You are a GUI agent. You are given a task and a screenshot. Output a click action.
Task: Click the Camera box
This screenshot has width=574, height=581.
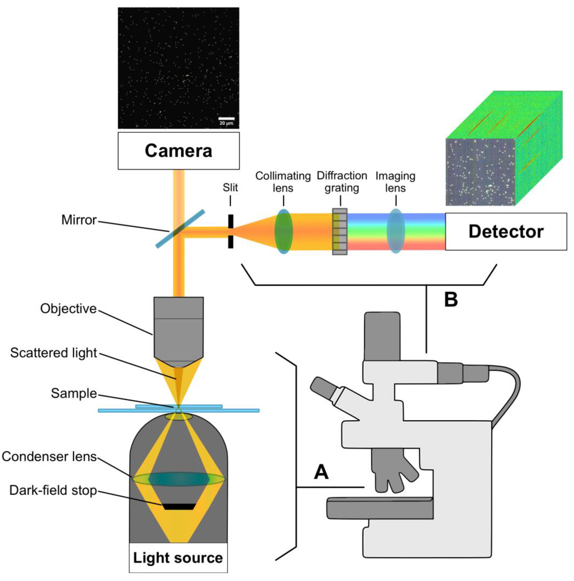(x=178, y=151)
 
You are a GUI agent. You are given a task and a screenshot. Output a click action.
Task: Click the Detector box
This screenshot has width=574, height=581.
(x=506, y=231)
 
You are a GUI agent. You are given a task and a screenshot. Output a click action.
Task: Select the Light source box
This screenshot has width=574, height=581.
(x=178, y=558)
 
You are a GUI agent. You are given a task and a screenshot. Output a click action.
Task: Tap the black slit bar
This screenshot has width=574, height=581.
(x=230, y=231)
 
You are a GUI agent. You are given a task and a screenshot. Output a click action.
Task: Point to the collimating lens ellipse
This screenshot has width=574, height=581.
(x=283, y=231)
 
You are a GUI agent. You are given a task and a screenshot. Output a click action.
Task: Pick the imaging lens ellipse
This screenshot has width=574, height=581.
(x=395, y=231)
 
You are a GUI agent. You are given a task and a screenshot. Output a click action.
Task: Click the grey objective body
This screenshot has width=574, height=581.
(x=178, y=331)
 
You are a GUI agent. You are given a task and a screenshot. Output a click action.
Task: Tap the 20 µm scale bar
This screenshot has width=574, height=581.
(x=226, y=119)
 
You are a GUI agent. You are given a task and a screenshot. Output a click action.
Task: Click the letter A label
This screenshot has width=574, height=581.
(x=321, y=472)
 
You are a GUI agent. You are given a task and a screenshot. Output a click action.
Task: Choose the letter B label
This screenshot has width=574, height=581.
(x=451, y=300)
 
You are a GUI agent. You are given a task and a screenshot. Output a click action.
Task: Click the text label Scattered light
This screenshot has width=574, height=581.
(x=54, y=353)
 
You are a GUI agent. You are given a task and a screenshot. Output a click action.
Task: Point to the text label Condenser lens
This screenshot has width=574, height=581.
(x=49, y=457)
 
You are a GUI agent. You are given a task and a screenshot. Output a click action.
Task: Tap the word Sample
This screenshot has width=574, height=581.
(x=74, y=393)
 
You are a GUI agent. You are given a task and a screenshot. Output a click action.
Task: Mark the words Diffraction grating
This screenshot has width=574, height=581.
(x=342, y=182)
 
